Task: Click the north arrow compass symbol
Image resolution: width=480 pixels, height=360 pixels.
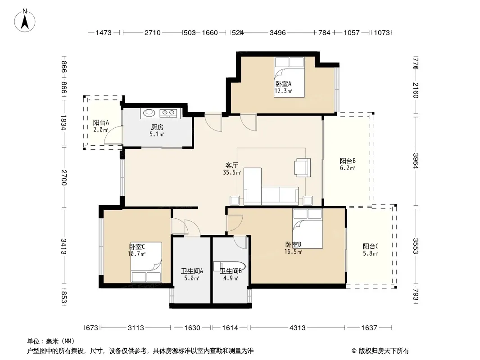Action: (x=25, y=21)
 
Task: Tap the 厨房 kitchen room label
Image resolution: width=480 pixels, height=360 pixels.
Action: (x=157, y=127)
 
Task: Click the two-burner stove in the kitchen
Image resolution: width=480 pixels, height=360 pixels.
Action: (x=168, y=113)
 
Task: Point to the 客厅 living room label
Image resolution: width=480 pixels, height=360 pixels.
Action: (x=232, y=165)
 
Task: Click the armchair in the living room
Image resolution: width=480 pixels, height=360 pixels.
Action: (x=303, y=167)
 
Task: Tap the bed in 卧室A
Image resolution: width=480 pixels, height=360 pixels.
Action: (x=289, y=77)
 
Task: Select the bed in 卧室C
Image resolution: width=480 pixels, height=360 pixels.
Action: (x=146, y=262)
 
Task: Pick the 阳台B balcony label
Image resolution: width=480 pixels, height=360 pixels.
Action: (x=348, y=161)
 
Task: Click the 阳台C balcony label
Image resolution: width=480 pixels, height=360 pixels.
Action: (x=371, y=246)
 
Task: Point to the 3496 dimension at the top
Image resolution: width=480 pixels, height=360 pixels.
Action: (x=278, y=32)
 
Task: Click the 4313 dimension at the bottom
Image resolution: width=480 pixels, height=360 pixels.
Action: (x=298, y=328)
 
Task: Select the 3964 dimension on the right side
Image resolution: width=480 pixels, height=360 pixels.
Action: (x=416, y=161)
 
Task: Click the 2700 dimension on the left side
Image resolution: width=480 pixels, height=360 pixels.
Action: (x=63, y=177)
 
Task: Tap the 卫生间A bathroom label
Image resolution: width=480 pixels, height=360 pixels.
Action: (x=192, y=271)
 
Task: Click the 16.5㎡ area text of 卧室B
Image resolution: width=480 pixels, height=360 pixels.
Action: (x=293, y=252)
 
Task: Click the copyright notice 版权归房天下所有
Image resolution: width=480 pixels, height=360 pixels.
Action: (x=384, y=351)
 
